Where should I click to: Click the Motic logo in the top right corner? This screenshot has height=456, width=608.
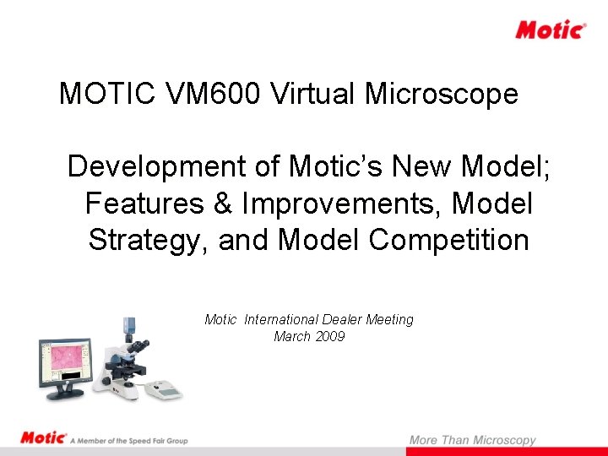point(551,30)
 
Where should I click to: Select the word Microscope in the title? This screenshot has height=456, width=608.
point(441,94)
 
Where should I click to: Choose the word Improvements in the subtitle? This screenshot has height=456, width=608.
point(345,204)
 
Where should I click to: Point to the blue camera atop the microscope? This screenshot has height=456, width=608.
point(130,322)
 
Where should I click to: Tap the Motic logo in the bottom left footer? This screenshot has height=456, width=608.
point(43,438)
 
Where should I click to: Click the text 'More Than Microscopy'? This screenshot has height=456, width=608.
point(472,439)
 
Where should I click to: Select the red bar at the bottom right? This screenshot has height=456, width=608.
point(507,452)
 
